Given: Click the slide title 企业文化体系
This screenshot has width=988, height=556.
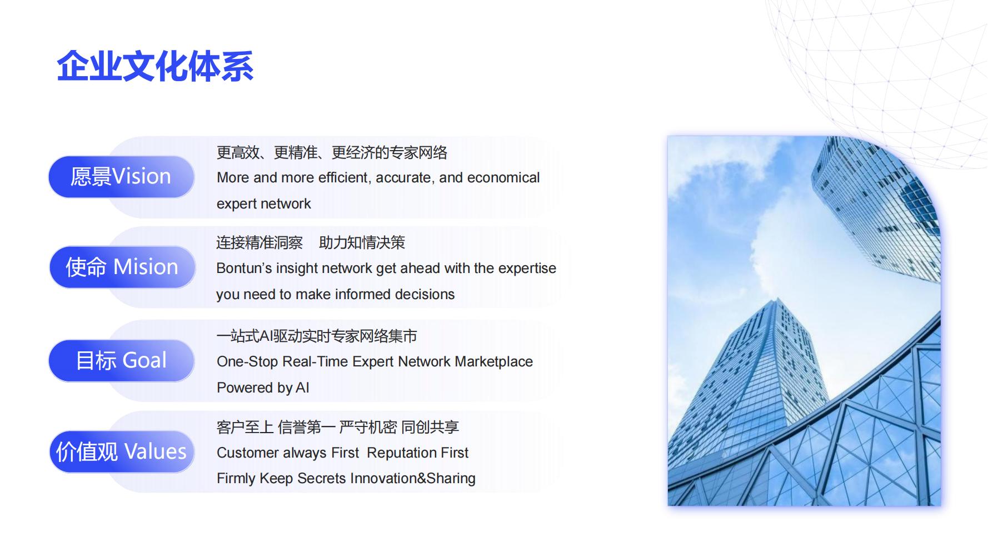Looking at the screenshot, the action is [156, 67].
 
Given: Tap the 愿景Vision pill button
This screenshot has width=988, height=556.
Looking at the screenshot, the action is [121, 177].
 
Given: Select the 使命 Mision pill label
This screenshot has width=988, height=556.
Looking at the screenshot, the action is [122, 267].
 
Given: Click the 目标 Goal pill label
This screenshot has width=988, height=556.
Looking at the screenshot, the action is [121, 361].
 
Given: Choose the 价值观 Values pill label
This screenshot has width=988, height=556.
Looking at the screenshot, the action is [122, 451].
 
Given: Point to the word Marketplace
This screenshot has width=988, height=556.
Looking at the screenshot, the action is [494, 362].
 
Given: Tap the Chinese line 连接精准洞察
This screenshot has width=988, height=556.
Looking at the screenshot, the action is [260, 243].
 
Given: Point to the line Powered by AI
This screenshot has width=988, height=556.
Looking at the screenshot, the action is [263, 388].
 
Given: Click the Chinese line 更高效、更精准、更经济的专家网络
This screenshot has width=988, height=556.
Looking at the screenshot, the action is [332, 152].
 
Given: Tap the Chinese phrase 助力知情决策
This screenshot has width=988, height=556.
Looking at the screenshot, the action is [362, 243].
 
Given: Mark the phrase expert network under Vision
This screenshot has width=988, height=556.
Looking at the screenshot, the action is [264, 204].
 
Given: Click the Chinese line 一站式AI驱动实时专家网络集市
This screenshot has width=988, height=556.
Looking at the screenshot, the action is [317, 336].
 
